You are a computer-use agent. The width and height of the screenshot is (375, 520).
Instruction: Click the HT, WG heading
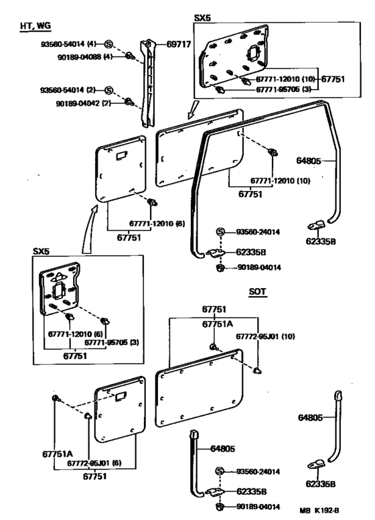pos(35,26)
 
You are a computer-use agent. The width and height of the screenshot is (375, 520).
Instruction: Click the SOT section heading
pos(258,291)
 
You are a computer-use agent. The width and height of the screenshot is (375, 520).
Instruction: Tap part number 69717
pos(179,44)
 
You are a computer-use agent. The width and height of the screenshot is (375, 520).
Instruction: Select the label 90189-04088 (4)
pos(85,57)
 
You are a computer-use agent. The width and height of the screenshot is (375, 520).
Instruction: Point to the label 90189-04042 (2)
pos(83,103)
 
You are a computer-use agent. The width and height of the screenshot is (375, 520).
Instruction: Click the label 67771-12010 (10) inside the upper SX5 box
pos(285,79)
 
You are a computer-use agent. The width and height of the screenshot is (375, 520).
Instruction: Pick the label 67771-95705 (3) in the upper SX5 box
pos(283,89)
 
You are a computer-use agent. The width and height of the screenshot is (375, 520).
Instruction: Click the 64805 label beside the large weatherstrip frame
pos(309,161)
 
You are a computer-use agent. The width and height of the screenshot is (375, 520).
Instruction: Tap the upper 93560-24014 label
pos(258,232)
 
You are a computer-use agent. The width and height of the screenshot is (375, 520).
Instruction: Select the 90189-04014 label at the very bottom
pos(258,507)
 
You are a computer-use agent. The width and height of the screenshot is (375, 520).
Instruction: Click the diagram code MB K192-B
pos(319,511)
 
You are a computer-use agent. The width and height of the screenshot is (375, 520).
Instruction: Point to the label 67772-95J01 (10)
pos(265,336)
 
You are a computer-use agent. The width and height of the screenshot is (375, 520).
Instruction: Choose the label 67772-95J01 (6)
pos(94,463)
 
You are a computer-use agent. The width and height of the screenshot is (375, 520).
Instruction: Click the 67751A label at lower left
pos(58,454)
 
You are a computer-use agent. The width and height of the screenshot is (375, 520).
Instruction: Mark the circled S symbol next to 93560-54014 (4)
pos(108,44)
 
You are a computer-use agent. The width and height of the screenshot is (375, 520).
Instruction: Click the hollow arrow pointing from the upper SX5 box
pos(193,109)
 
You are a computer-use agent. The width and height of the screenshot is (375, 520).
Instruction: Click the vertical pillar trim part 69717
pos(148,83)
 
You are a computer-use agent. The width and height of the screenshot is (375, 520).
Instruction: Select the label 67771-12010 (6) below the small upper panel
pos(157,224)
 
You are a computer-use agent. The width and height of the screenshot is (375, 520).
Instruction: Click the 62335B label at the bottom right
pos(321,484)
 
